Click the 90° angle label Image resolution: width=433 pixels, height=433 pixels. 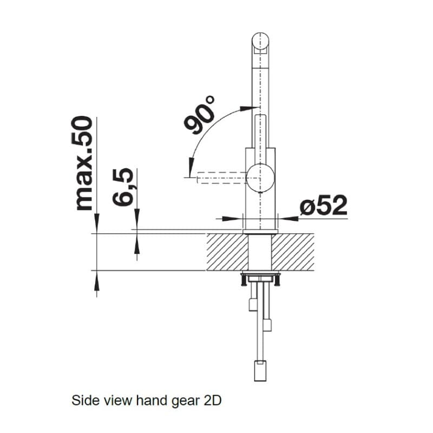199,115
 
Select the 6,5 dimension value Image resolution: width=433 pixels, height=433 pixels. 123,187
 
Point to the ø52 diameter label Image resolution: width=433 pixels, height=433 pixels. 324,205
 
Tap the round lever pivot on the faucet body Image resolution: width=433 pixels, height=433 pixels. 260,178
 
